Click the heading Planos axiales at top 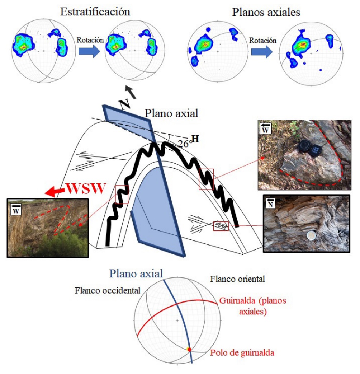click(x=266, y=12)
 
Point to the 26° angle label click(x=184, y=143)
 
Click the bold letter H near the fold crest click(x=195, y=138)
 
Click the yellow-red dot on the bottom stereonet click(x=189, y=349)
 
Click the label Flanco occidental click(x=108, y=290)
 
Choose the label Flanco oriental click(x=238, y=279)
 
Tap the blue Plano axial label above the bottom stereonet click(x=137, y=273)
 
